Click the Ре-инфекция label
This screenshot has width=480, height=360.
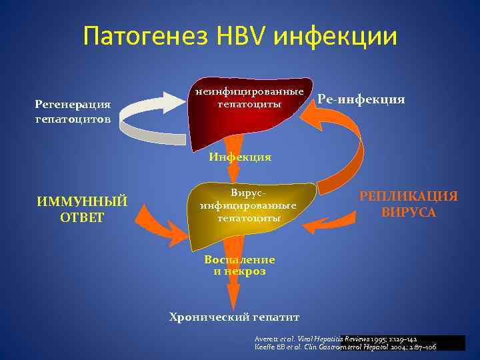pos(361,99)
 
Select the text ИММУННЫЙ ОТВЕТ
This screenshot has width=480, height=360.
pos(82,209)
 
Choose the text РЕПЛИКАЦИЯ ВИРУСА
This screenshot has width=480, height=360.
pos(409,204)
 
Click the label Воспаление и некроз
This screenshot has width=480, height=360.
pos(239,265)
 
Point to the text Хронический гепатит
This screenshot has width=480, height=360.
pos(234,317)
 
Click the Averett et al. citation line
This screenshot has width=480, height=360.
pos(336,339)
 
